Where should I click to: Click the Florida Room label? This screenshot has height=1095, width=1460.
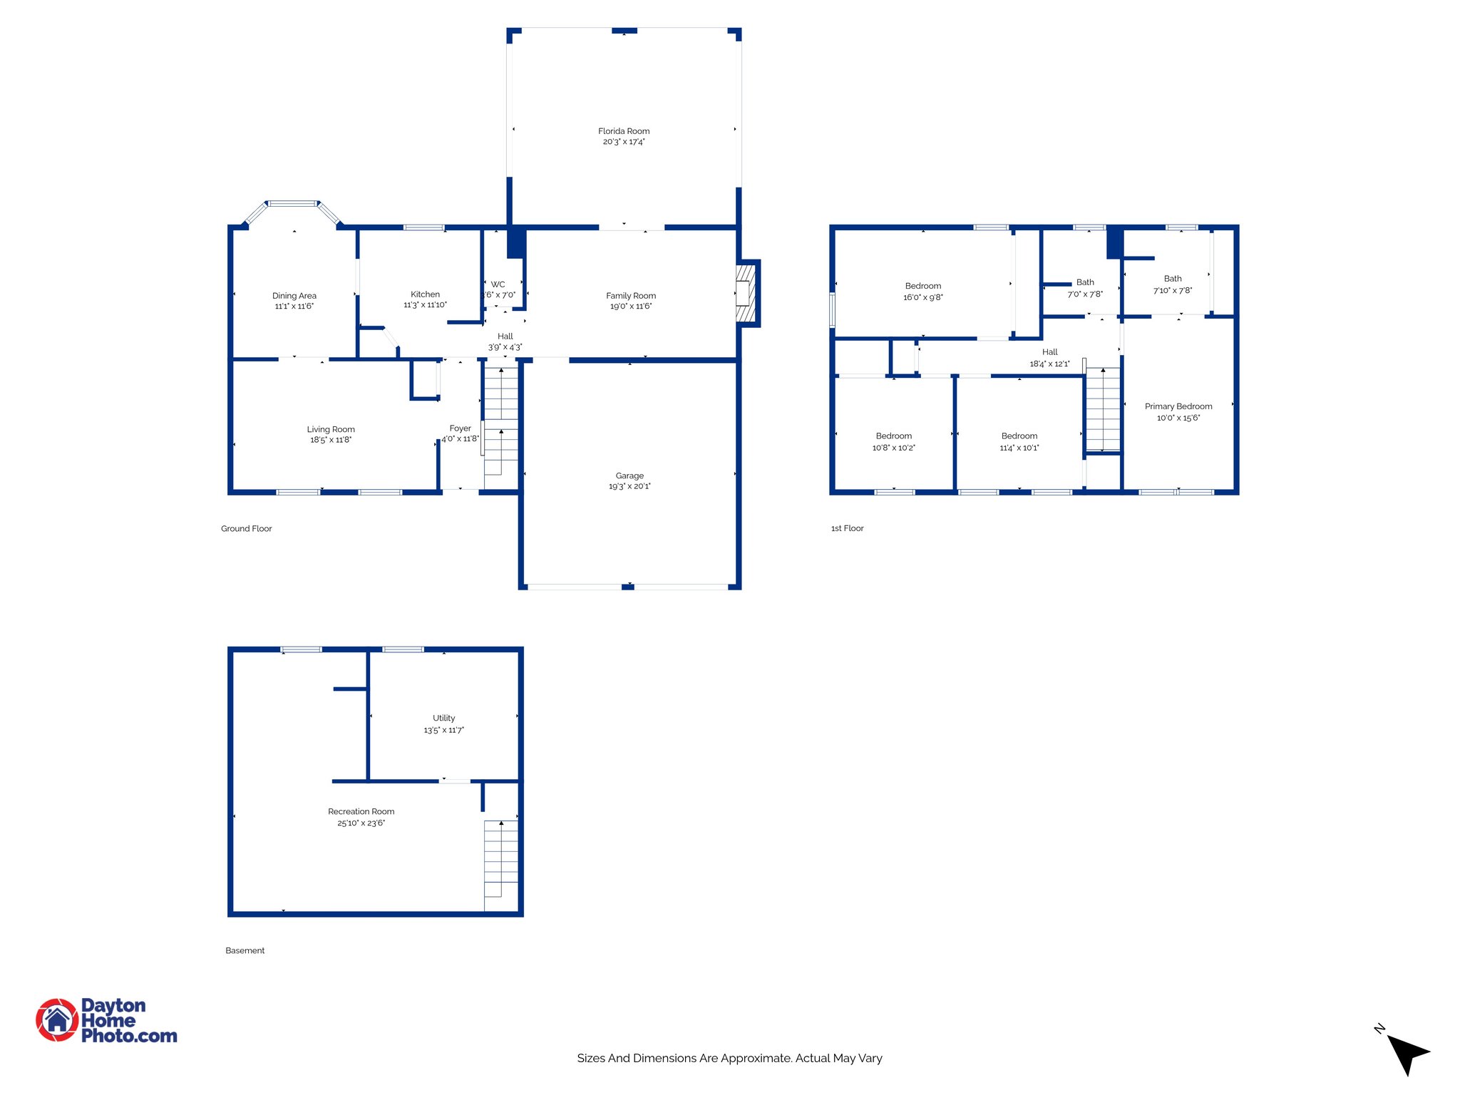pyautogui.click(x=624, y=131)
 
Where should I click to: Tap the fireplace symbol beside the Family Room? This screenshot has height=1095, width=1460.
pyautogui.click(x=745, y=294)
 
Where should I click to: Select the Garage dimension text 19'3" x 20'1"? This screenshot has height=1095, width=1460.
pyautogui.click(x=629, y=487)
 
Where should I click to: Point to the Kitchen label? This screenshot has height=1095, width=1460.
pyautogui.click(x=425, y=294)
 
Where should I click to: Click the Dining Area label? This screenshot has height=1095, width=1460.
pyautogui.click(x=294, y=296)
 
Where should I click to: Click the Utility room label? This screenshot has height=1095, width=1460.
pyautogui.click(x=443, y=719)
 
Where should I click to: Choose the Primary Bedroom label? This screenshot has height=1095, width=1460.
pyautogui.click(x=1178, y=406)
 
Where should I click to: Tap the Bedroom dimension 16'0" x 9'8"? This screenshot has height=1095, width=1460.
pyautogui.click(x=922, y=297)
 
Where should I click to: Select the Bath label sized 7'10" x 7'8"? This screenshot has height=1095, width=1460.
pyautogui.click(x=1173, y=279)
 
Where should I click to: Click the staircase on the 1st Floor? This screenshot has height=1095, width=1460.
pyautogui.click(x=1103, y=409)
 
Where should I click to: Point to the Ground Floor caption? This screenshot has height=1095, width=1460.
pyautogui.click(x=246, y=529)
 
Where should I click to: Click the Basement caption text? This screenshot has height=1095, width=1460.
pyautogui.click(x=245, y=951)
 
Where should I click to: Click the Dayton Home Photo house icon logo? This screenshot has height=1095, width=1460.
pyautogui.click(x=57, y=1020)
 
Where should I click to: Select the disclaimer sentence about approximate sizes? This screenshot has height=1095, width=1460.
pyautogui.click(x=729, y=1059)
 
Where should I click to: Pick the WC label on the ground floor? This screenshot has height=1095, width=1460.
pyautogui.click(x=498, y=284)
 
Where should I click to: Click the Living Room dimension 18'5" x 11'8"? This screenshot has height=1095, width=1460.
pyautogui.click(x=331, y=441)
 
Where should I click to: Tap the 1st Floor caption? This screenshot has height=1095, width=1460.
pyautogui.click(x=847, y=529)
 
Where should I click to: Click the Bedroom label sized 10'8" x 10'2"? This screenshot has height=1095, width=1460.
pyautogui.click(x=893, y=436)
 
